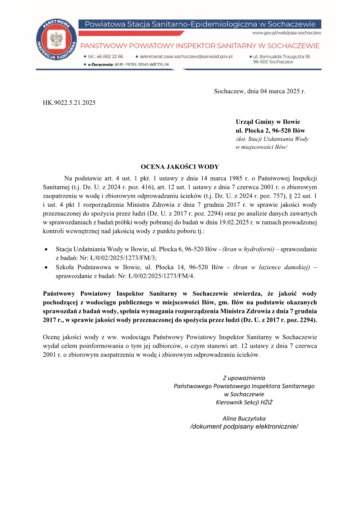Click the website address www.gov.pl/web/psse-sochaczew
286,33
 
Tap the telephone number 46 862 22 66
109,57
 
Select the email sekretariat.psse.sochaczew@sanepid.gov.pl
186,57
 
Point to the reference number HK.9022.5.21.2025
69,103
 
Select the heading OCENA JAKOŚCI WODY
180,167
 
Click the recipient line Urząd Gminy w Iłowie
268,122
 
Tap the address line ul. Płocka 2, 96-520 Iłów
270,131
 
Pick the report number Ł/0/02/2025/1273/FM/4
161,276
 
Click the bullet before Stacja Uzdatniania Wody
46,250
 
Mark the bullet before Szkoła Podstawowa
46,267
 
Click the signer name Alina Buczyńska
244,419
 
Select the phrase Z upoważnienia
244,378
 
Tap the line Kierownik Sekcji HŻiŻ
244,402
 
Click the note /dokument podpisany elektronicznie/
244,426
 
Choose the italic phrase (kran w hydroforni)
248,249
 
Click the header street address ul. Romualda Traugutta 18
282,57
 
